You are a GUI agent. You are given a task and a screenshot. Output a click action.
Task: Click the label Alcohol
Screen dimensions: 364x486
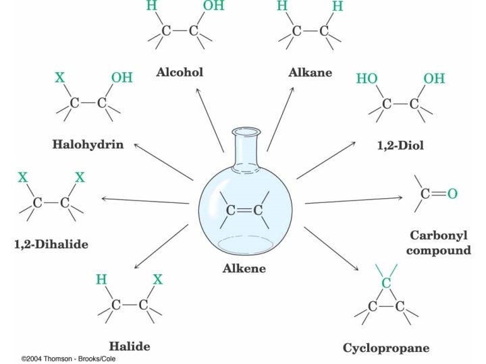click(180, 72)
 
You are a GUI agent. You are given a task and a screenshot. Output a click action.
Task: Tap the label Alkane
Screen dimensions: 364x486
click(310, 72)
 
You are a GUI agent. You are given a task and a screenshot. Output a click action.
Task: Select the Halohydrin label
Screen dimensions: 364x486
click(88, 144)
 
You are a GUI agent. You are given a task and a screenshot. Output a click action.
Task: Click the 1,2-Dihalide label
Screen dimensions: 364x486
click(51, 244)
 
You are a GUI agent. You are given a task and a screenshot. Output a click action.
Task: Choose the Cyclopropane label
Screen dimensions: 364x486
click(386, 348)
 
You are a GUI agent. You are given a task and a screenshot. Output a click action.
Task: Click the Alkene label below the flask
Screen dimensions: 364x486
click(244, 268)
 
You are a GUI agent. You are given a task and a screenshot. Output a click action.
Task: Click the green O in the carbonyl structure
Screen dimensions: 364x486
click(452, 194)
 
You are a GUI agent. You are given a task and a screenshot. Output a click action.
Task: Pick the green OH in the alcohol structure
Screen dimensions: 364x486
click(214, 7)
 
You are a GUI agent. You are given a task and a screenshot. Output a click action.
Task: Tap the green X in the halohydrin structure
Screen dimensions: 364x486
click(60, 78)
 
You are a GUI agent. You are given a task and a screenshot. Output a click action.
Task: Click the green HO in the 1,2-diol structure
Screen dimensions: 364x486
click(367, 79)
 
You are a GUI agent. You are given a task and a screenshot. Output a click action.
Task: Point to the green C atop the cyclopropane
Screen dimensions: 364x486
click(385, 283)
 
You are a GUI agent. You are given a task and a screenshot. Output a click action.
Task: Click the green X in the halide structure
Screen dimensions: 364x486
click(158, 279)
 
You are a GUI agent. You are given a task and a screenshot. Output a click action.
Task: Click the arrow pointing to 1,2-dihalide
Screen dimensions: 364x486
click(148, 200)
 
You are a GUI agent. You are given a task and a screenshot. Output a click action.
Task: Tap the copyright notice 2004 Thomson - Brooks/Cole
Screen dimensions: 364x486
click(63, 359)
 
